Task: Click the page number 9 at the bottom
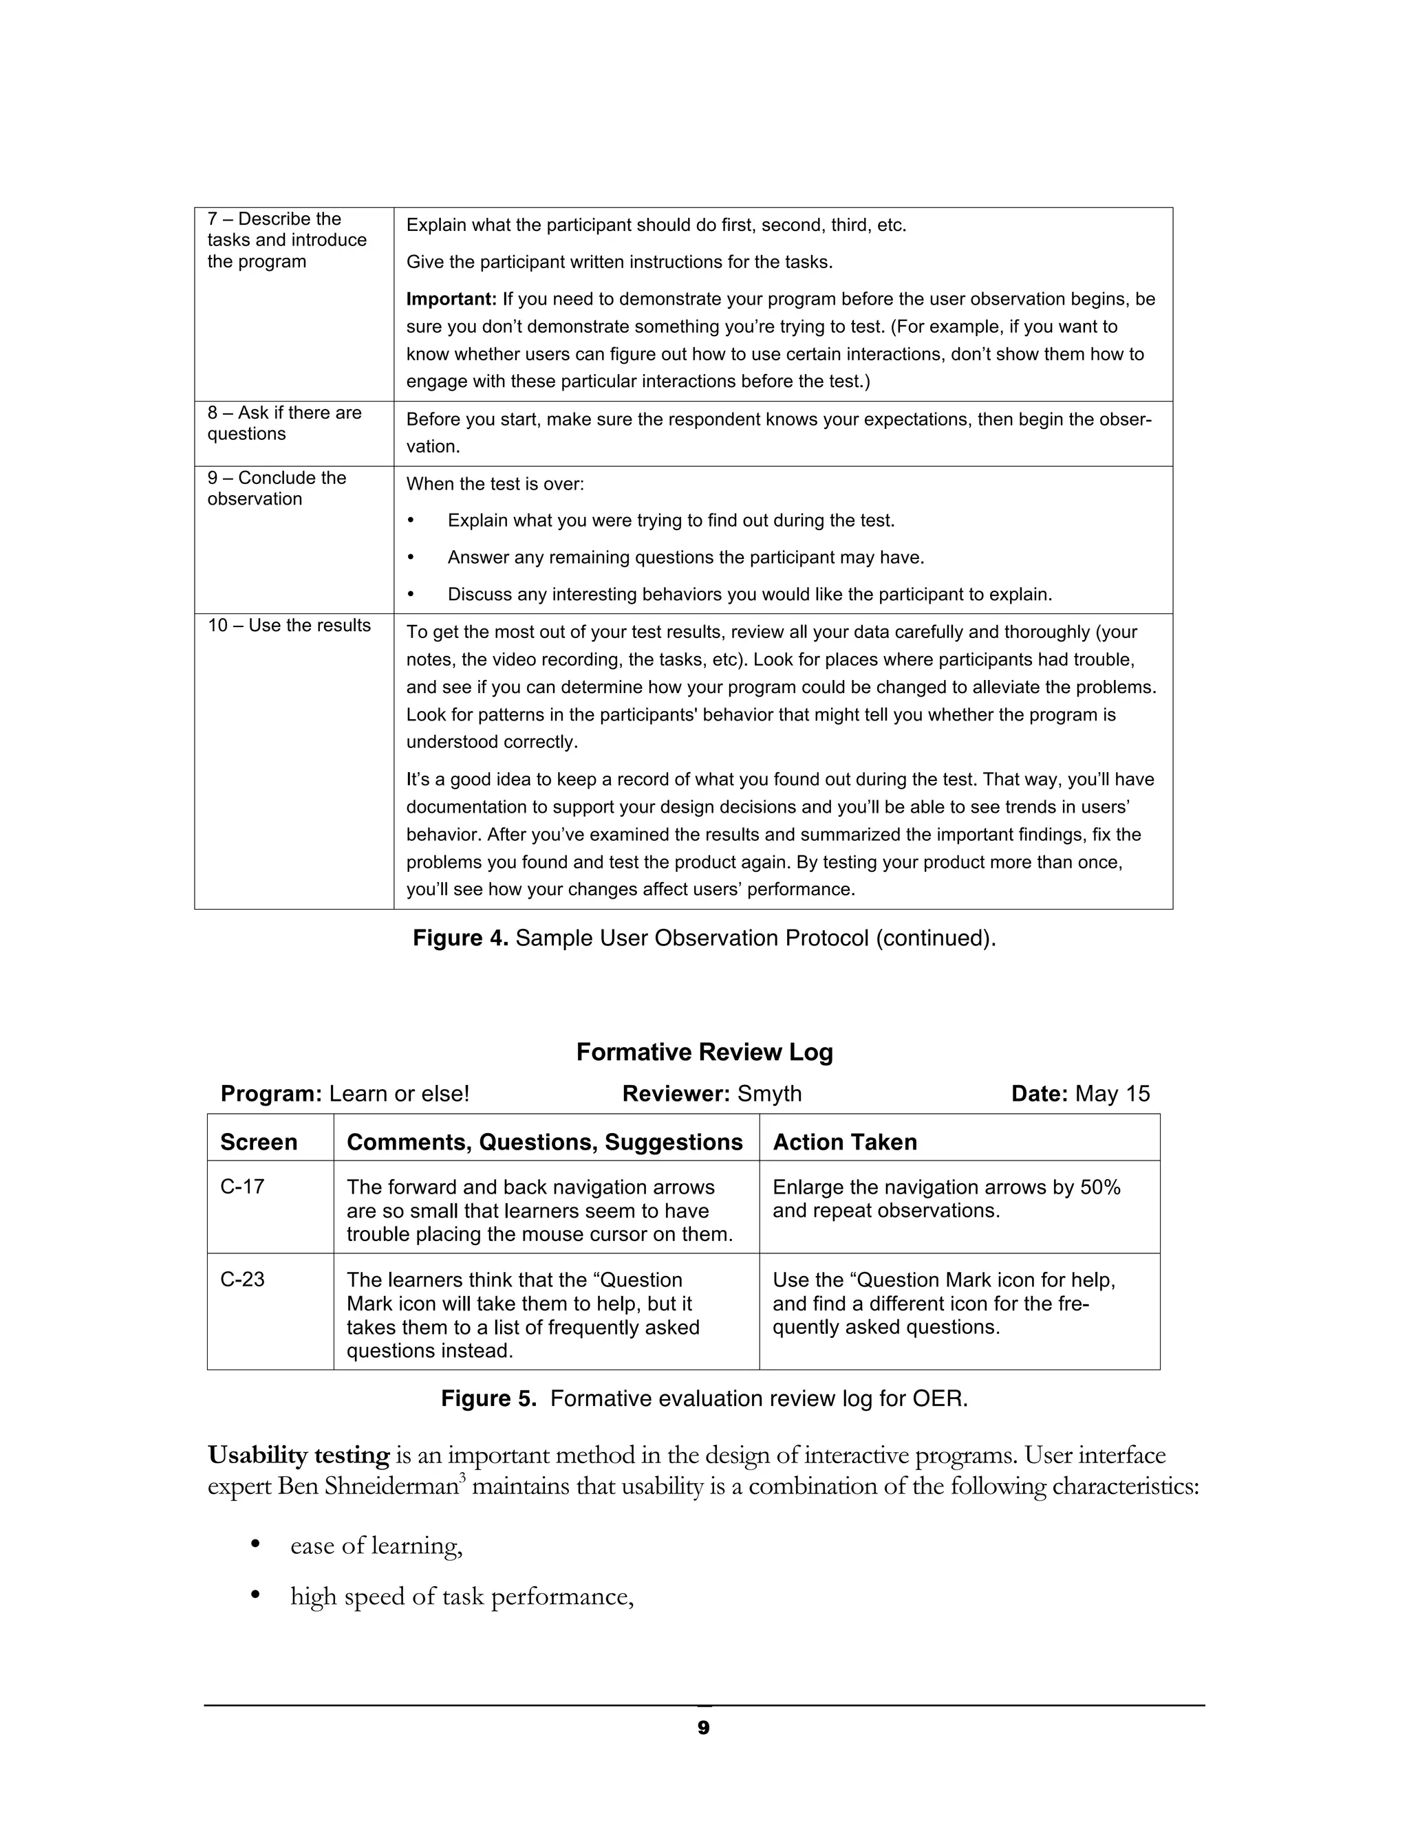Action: click(x=703, y=1728)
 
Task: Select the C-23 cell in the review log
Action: click(x=242, y=1279)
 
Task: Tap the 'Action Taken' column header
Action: click(x=844, y=1142)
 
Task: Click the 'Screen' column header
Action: click(x=258, y=1142)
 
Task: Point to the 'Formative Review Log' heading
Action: click(x=704, y=1052)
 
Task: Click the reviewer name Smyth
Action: click(x=768, y=1094)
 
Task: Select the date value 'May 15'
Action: click(x=1112, y=1094)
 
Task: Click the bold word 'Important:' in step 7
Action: click(x=451, y=298)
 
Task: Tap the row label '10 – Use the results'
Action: click(x=289, y=626)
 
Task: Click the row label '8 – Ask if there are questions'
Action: click(x=284, y=423)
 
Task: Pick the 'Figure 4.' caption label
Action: click(x=460, y=939)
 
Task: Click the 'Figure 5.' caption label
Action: click(x=488, y=1399)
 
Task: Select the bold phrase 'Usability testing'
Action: click(x=298, y=1456)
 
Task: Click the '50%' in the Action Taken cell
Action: click(x=1099, y=1187)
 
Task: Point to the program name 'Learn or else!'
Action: click(x=399, y=1094)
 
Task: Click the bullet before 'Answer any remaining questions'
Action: click(x=411, y=558)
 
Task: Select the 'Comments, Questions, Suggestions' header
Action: click(x=544, y=1142)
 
